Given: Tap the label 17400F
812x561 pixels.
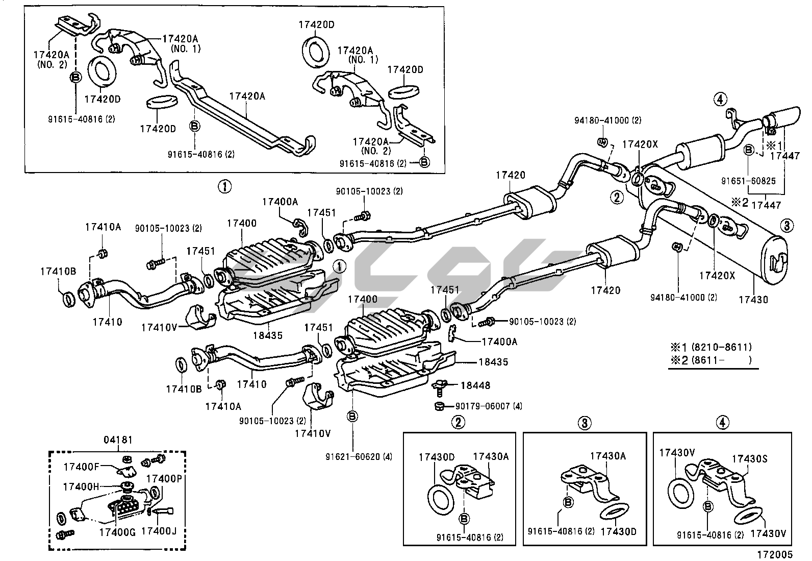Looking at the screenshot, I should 80,466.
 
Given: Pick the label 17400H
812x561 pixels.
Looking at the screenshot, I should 81,486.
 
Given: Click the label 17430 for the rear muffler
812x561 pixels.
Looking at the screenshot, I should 753,300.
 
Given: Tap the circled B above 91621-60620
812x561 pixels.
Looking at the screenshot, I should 352,417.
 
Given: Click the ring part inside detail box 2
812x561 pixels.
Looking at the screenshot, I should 439,498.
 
